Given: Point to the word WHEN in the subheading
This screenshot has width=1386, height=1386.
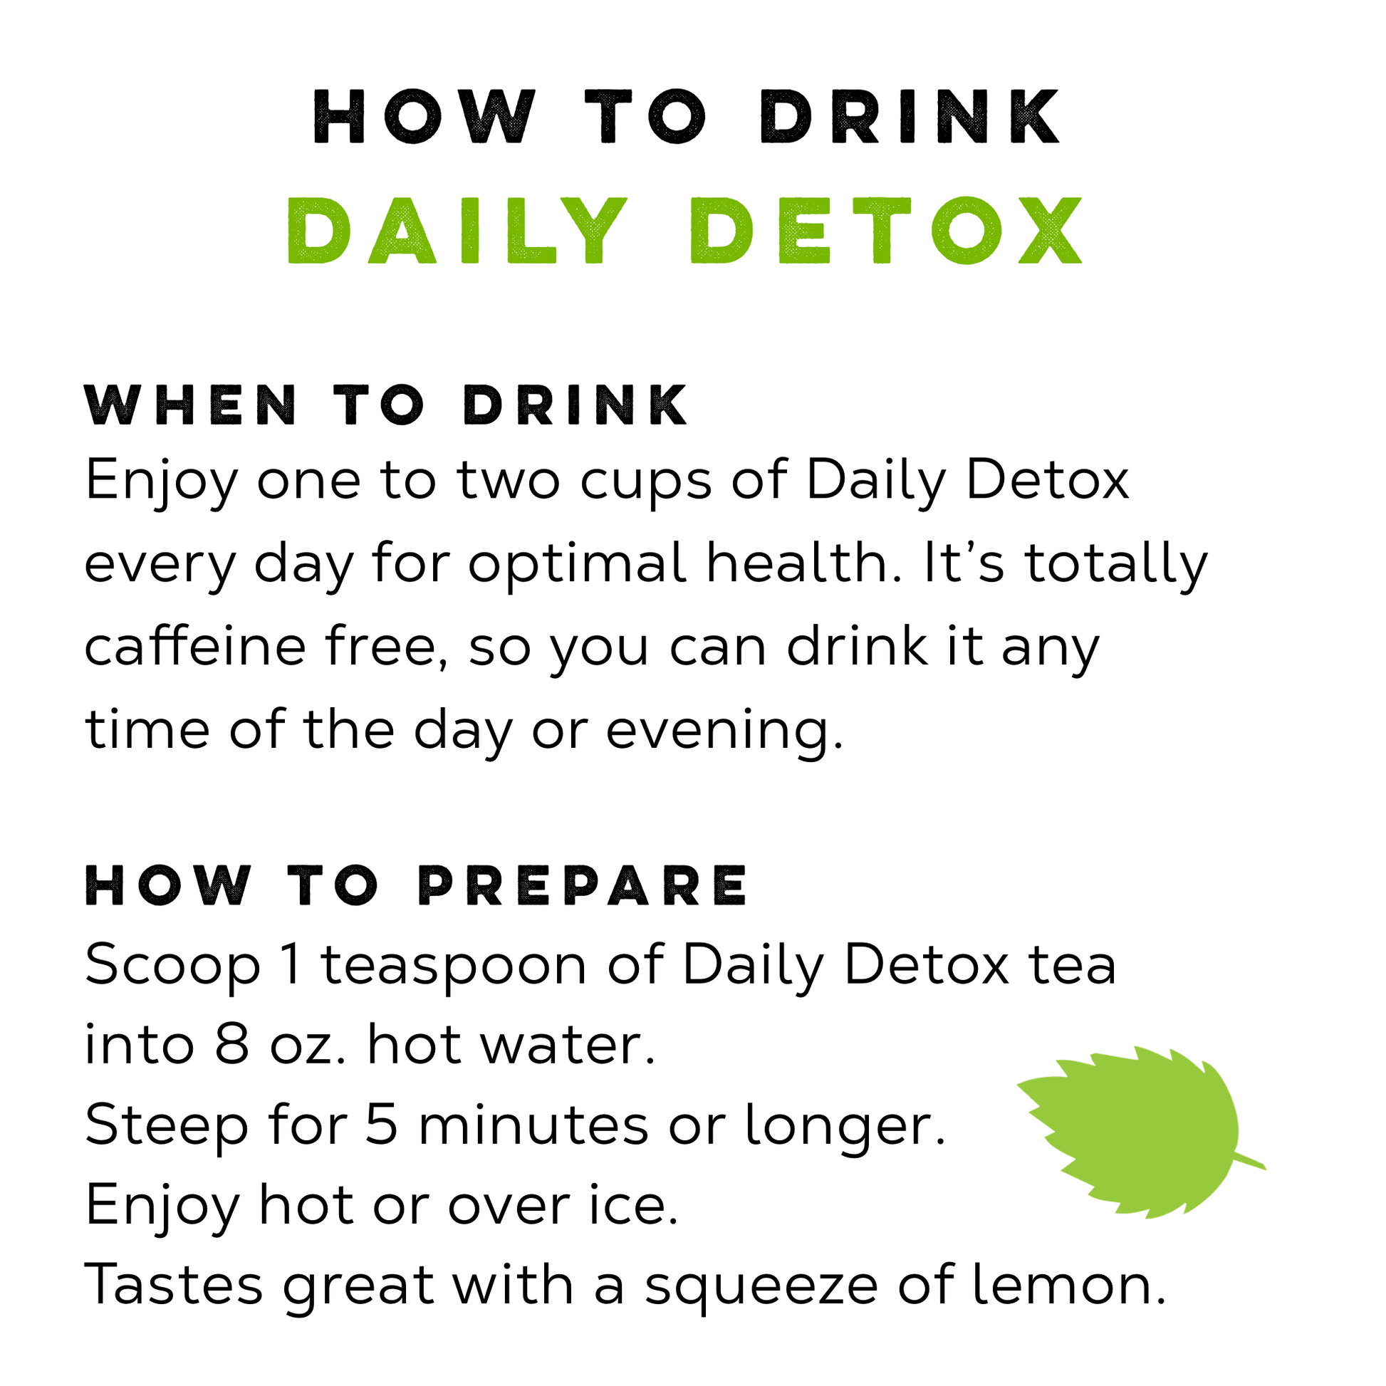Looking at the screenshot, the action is pyautogui.click(x=191, y=405).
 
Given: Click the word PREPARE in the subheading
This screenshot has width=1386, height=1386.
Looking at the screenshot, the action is pyautogui.click(x=583, y=885).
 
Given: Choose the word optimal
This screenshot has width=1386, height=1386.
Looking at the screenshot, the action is pyautogui.click(x=577, y=563).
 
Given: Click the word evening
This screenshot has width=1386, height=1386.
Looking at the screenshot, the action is pyautogui.click(x=724, y=730).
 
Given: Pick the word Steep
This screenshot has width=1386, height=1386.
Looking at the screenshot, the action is pyautogui.click(x=167, y=1126).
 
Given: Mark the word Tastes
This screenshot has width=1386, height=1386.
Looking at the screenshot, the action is pyautogui.click(x=174, y=1285).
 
